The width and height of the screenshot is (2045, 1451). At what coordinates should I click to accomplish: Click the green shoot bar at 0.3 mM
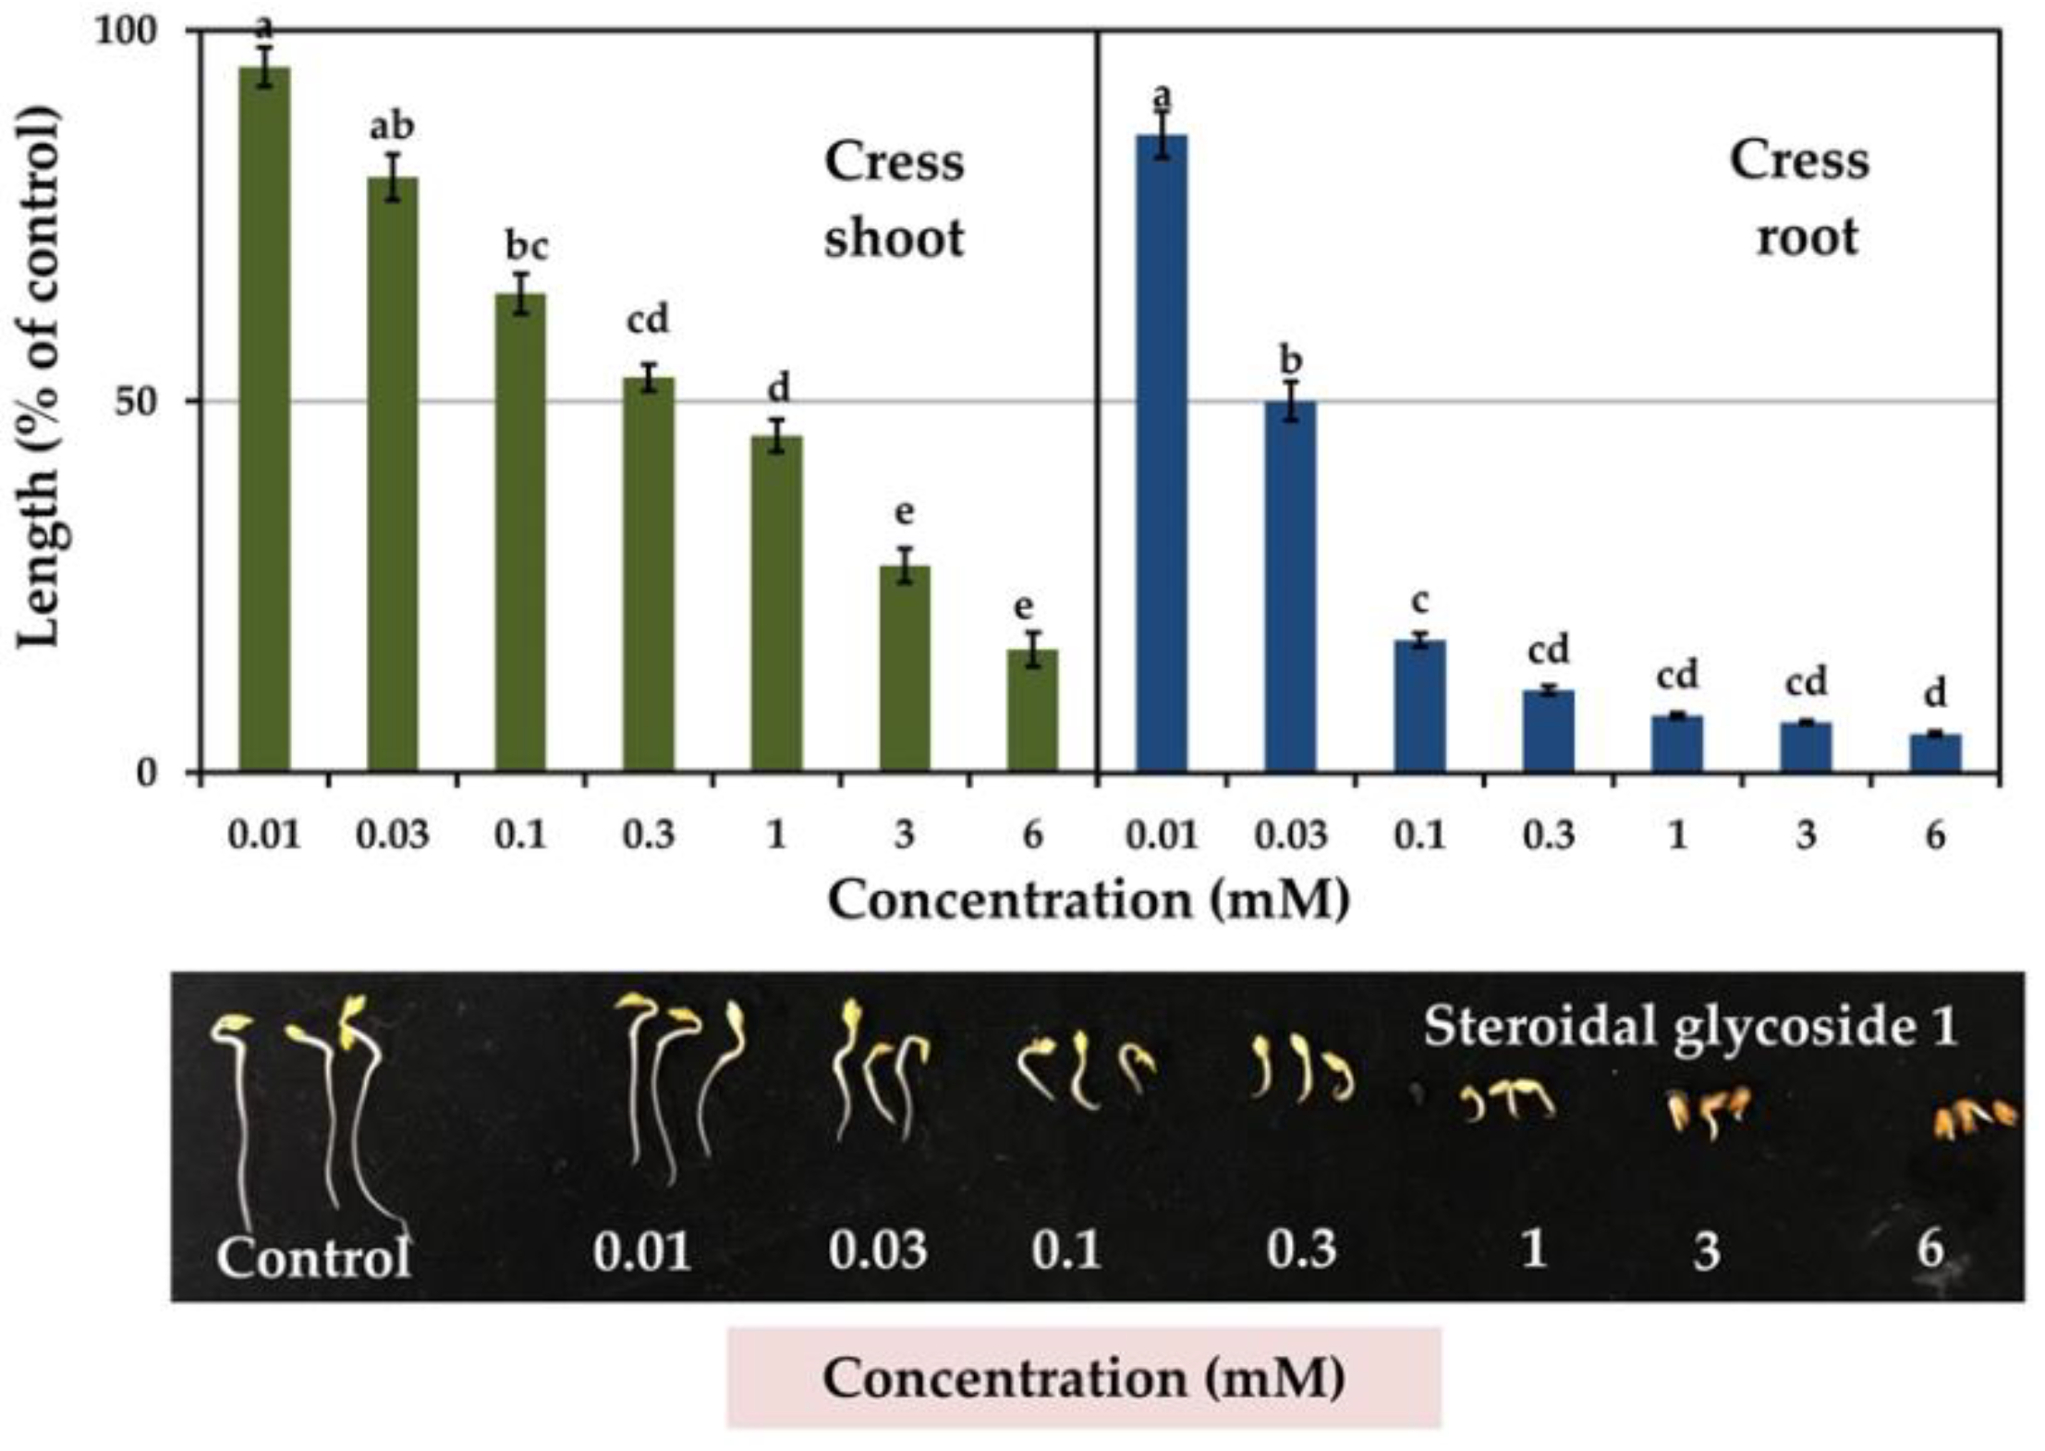pyautogui.click(x=648, y=574)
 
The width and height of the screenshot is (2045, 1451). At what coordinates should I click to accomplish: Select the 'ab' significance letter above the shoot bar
pyautogui.click(x=392, y=127)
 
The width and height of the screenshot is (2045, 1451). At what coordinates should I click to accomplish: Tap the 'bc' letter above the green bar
pyautogui.click(x=526, y=247)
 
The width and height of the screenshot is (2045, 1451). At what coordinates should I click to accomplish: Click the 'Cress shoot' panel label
pyautogui.click(x=894, y=200)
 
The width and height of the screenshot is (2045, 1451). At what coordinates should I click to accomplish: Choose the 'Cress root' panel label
pyautogui.click(x=1799, y=198)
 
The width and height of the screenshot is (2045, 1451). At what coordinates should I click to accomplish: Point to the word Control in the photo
pyautogui.click(x=313, y=1257)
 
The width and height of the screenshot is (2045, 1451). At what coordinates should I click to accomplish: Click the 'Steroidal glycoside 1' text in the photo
pyautogui.click(x=1690, y=1026)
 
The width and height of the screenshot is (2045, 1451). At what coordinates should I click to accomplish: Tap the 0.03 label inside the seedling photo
pyautogui.click(x=877, y=1250)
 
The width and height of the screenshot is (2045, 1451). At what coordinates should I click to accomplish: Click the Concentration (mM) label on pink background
pyautogui.click(x=1083, y=1378)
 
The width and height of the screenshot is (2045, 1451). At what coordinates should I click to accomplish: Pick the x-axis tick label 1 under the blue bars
pyautogui.click(x=1677, y=835)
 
